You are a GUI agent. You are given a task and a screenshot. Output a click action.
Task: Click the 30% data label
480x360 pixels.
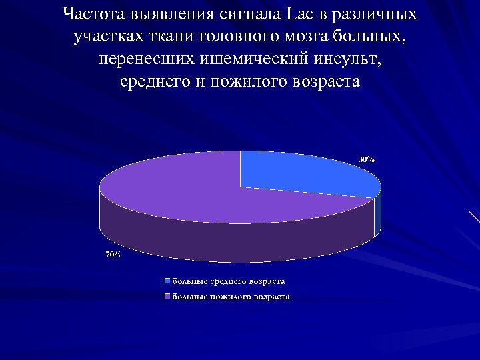367,159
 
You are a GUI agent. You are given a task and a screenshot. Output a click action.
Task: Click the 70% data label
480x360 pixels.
113,255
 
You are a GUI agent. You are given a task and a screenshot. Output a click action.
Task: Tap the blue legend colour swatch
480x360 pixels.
169,282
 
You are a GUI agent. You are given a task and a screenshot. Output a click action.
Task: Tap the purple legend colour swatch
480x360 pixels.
169,297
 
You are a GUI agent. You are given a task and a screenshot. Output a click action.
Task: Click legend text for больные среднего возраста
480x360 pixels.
230,282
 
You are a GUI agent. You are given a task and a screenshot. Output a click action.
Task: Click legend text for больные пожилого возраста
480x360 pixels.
231,297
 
